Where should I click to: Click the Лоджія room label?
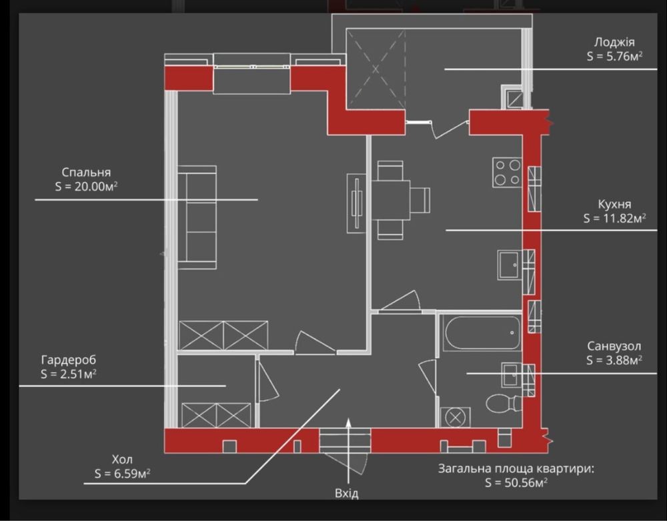point(614,42)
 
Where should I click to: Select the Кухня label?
point(615,204)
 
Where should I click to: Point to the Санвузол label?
point(614,346)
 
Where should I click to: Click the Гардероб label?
point(69,360)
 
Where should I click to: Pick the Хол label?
point(122,460)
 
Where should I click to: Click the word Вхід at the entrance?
point(347,494)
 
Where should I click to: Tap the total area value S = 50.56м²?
point(516,483)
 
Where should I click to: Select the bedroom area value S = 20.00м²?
point(86,186)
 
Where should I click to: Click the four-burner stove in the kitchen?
point(508,172)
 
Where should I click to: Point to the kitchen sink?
point(510,265)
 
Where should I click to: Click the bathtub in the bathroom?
point(481,333)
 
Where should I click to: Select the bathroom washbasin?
point(512,375)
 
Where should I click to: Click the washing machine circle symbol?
point(455,418)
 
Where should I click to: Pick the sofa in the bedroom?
point(197,217)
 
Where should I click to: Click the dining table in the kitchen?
point(390,200)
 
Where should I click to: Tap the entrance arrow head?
point(348,422)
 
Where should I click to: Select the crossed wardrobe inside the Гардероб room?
point(216,415)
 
